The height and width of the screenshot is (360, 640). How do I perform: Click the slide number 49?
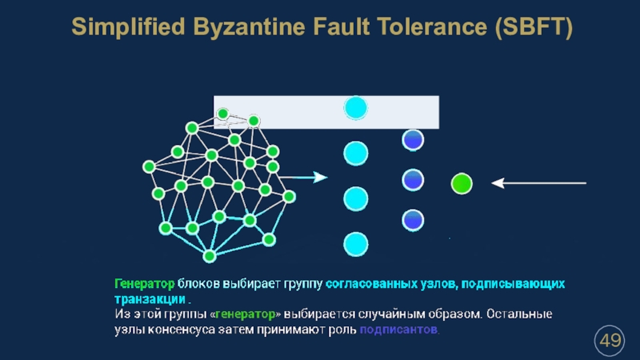(x=610, y=342)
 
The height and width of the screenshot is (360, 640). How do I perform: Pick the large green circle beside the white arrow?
(x=462, y=184)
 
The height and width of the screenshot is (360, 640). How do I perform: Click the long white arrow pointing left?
(x=539, y=183)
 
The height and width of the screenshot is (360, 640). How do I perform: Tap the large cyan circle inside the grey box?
(x=355, y=107)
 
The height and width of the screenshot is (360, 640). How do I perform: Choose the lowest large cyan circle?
(x=355, y=243)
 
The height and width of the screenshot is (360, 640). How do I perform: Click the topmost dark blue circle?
(x=413, y=140)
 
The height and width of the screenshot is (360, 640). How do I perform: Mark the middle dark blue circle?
(x=413, y=179)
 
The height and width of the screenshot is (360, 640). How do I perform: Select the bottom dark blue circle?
(x=413, y=218)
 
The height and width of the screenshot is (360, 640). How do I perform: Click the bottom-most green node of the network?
(x=210, y=256)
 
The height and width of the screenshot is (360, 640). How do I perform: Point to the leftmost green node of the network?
(x=149, y=166)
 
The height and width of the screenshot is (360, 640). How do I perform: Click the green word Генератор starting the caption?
(x=144, y=284)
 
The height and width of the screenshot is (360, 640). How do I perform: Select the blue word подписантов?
(x=399, y=330)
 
